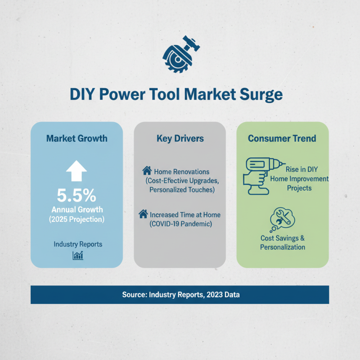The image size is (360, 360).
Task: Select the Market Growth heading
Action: (77, 138)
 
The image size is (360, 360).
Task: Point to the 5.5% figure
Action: (77, 195)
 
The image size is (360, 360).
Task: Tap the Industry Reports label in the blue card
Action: (78, 244)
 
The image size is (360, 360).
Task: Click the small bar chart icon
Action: (78, 256)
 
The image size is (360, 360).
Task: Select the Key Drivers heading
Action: (180, 138)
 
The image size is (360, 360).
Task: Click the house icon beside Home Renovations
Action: (147, 171)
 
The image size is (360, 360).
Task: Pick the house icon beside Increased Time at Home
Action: (143, 214)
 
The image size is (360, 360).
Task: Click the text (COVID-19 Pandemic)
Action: (180, 224)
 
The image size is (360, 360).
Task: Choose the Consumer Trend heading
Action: (282, 138)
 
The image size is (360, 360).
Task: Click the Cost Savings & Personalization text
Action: (283, 242)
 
